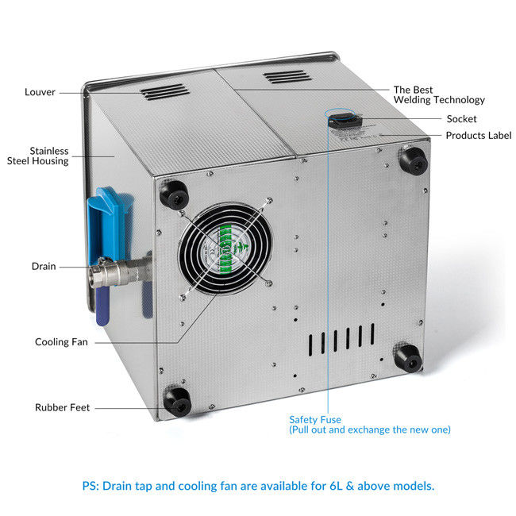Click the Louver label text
pos(40,92)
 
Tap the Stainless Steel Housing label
pos(38,156)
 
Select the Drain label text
pos(44,266)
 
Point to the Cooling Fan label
pos(62,342)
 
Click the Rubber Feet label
pos(62,407)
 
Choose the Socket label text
pos(461,119)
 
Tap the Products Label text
pos(479,135)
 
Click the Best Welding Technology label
pos(439,94)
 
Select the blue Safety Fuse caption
pos(370,425)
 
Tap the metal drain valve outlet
pos(115,272)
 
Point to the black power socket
pos(345,121)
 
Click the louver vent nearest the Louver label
pos(164,92)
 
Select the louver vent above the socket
pos(287,77)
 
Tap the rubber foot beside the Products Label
pos(414,161)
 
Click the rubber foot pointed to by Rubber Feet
pos(177,402)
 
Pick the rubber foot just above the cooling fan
pos(174,194)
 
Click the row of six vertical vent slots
pos(341,340)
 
